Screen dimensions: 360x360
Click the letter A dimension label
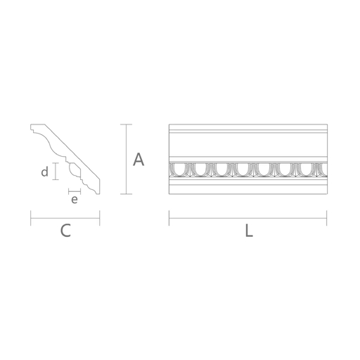(x=139, y=160)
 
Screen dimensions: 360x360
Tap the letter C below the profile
(x=65, y=230)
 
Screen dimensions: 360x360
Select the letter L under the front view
(x=248, y=230)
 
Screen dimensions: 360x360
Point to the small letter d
(x=44, y=172)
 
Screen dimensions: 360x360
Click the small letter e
(x=74, y=200)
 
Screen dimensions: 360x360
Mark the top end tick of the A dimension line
(x=126, y=125)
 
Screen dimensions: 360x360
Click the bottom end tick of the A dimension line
(x=126, y=193)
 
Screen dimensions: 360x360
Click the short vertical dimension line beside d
(x=55, y=172)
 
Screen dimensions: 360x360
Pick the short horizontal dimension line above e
(x=74, y=190)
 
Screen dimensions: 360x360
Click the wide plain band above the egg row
(x=248, y=145)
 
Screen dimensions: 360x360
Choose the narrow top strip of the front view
(x=248, y=128)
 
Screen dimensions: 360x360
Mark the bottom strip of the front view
(x=248, y=187)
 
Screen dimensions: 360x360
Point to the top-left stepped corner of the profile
(x=33, y=129)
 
